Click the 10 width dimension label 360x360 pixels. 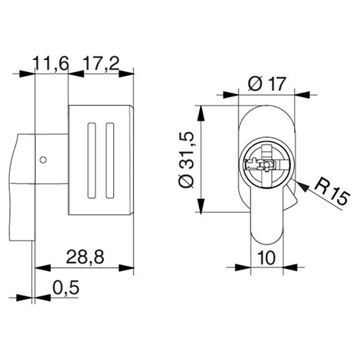pos(266,257)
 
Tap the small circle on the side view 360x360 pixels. pos(44,159)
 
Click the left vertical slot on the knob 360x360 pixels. pos(93,160)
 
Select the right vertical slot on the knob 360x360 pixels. pos(110,160)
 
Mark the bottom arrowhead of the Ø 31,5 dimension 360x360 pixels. pos(201,212)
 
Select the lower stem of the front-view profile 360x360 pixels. pos(266,228)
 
